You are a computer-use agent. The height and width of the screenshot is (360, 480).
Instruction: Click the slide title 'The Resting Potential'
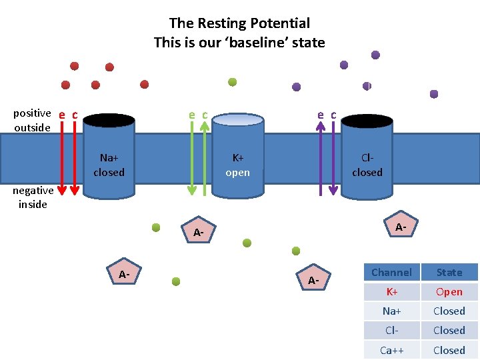(x=239, y=23)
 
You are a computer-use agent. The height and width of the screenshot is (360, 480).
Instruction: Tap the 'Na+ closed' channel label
(x=109, y=165)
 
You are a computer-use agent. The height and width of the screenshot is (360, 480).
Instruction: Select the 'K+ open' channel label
(x=237, y=165)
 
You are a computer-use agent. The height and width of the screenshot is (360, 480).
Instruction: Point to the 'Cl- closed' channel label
(x=367, y=165)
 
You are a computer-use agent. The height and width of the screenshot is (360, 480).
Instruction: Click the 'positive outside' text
(x=32, y=120)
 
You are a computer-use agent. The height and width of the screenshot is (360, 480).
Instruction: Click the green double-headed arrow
(x=192, y=159)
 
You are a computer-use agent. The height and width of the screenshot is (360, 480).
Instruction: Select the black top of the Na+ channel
(x=109, y=121)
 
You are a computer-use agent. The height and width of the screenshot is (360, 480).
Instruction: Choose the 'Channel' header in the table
(x=391, y=272)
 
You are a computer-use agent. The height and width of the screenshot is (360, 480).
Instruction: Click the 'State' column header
(x=449, y=272)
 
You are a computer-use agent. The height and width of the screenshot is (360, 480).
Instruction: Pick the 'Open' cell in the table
(x=449, y=291)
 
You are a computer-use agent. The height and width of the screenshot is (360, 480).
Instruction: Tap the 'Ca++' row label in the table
(x=391, y=350)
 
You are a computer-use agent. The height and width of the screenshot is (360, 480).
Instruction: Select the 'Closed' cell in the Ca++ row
(x=449, y=350)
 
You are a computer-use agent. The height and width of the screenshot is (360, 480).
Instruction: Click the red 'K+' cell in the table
(x=391, y=291)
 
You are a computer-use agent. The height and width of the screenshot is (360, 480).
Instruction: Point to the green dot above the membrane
(x=233, y=82)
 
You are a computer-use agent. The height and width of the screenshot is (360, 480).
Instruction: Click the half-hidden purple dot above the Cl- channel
(x=367, y=86)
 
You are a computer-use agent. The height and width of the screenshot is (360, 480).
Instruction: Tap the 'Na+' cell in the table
(x=391, y=311)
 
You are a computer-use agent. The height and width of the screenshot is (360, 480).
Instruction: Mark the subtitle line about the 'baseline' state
(x=239, y=43)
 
